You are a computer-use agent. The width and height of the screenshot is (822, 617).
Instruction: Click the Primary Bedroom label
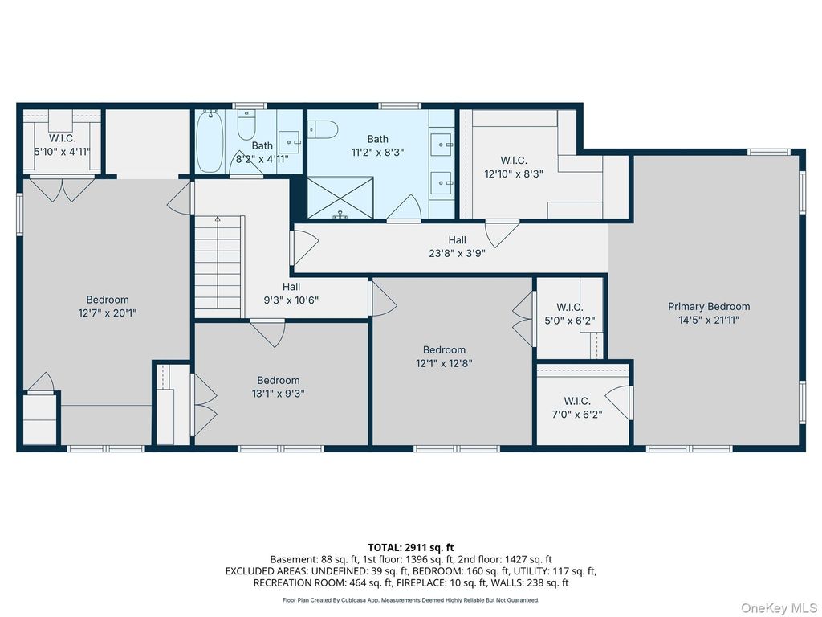709,306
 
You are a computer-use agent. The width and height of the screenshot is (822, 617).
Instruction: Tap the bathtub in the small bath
210,141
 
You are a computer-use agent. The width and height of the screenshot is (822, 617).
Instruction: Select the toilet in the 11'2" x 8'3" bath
322,129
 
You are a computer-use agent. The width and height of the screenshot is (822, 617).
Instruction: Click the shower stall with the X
340,198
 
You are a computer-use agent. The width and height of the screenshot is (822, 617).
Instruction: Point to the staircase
218,266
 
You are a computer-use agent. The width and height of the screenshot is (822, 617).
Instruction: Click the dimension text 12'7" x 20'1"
108,313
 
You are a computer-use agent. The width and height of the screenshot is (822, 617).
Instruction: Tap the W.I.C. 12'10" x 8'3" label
514,167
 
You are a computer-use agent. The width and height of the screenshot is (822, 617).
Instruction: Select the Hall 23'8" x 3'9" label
457,247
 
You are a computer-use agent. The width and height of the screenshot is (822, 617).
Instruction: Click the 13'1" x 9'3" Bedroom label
279,386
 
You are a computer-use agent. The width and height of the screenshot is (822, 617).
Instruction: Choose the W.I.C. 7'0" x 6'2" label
577,407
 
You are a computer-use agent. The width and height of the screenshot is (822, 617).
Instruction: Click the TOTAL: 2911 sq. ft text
411,548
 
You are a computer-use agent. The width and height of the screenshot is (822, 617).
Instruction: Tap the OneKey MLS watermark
779,608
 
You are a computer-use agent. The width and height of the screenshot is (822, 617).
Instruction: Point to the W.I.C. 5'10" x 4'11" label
63,145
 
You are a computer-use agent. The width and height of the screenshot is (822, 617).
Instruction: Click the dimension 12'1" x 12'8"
444,363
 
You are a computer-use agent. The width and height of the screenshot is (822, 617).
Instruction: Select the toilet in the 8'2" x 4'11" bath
246,125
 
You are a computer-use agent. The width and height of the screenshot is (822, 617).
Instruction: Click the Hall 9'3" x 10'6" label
291,294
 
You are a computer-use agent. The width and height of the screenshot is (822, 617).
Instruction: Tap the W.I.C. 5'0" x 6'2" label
570,314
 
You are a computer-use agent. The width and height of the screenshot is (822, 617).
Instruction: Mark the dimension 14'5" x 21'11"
709,320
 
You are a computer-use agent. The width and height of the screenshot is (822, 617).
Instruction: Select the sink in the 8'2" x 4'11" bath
289,141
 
